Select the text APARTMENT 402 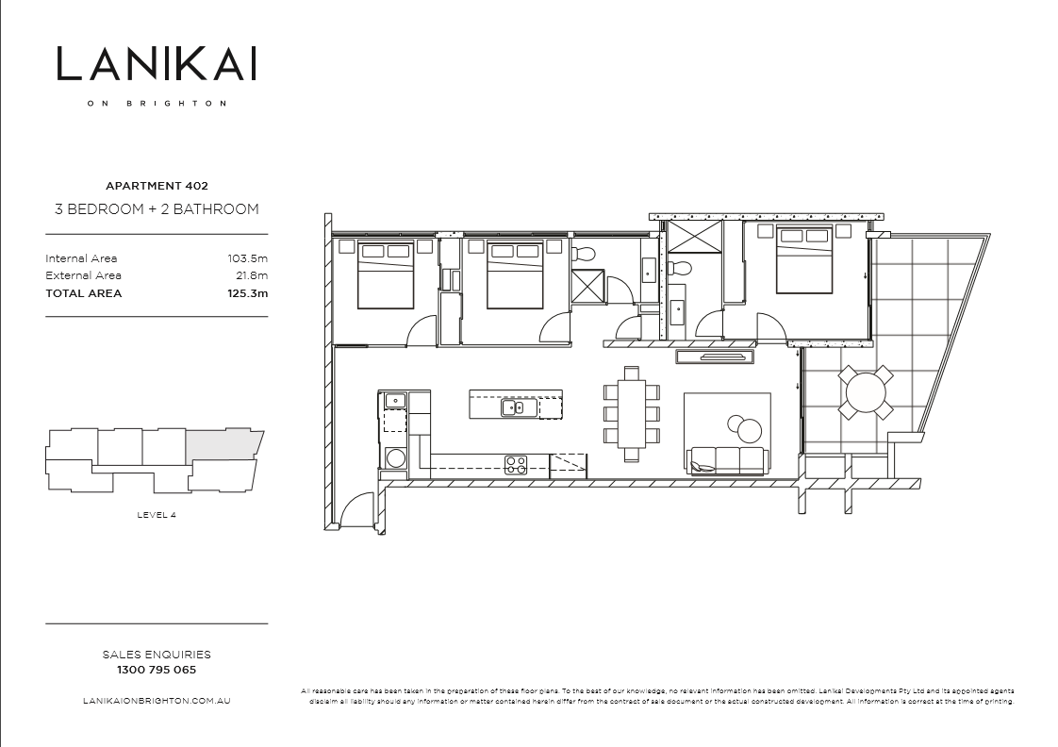(157, 187)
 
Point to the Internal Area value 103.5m (248, 258)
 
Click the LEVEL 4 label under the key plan (157, 514)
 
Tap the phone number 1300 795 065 (157, 671)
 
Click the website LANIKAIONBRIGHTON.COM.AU (157, 702)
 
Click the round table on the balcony (867, 391)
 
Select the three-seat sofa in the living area (727, 460)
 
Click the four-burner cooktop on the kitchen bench (516, 463)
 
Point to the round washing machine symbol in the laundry (395, 458)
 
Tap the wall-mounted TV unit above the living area (716, 356)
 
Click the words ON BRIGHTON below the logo (157, 104)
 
